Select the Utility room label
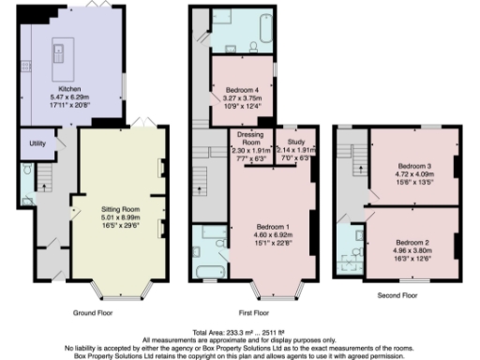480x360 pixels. pos(38,143)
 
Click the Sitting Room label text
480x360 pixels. pos(121,208)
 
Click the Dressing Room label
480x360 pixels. pos(249,140)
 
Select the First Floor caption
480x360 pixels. pos(249,312)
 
